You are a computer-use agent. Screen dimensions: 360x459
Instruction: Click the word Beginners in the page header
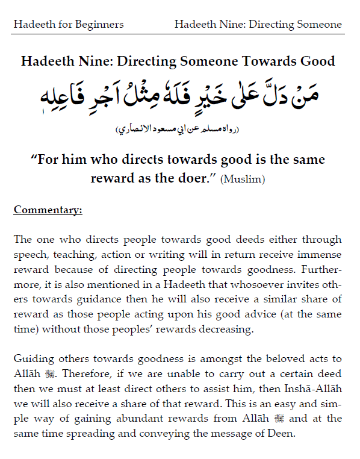(x=101, y=24)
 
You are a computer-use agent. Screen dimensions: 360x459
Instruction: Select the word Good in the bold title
(x=315, y=61)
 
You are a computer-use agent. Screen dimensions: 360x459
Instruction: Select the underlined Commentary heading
(x=48, y=210)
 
